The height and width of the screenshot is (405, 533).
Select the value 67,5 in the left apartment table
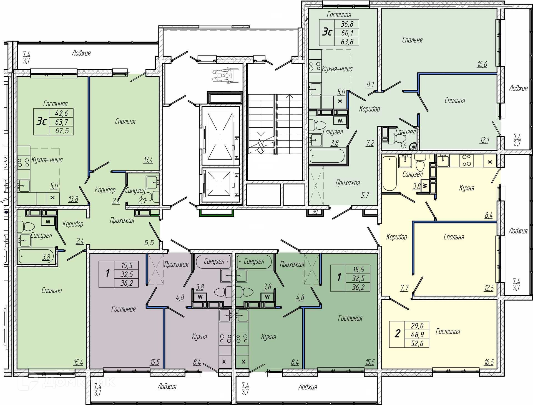tap(62, 131)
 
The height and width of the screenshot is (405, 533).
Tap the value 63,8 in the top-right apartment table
tap(347, 42)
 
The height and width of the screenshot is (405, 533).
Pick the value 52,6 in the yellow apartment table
tap(417, 343)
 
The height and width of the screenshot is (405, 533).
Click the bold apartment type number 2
tap(398, 333)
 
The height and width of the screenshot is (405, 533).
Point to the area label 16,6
tap(482, 64)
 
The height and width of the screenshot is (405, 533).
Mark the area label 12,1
tap(484, 140)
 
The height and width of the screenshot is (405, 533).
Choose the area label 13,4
tap(148, 160)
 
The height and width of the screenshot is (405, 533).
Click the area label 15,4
tap(78, 362)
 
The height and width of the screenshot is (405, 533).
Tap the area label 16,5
tap(489, 362)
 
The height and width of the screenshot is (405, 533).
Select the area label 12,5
tap(489, 288)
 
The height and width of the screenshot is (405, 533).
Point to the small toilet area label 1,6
tap(403, 145)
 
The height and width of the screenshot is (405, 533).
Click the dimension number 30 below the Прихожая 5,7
tap(315, 212)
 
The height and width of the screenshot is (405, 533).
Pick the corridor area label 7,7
tap(404, 288)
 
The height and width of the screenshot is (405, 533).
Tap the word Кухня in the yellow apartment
tap(466, 188)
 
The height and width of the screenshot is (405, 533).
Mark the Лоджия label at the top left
tap(81, 53)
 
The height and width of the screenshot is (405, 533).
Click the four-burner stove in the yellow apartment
tap(467, 160)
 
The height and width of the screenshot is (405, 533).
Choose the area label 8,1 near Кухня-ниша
tap(370, 84)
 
